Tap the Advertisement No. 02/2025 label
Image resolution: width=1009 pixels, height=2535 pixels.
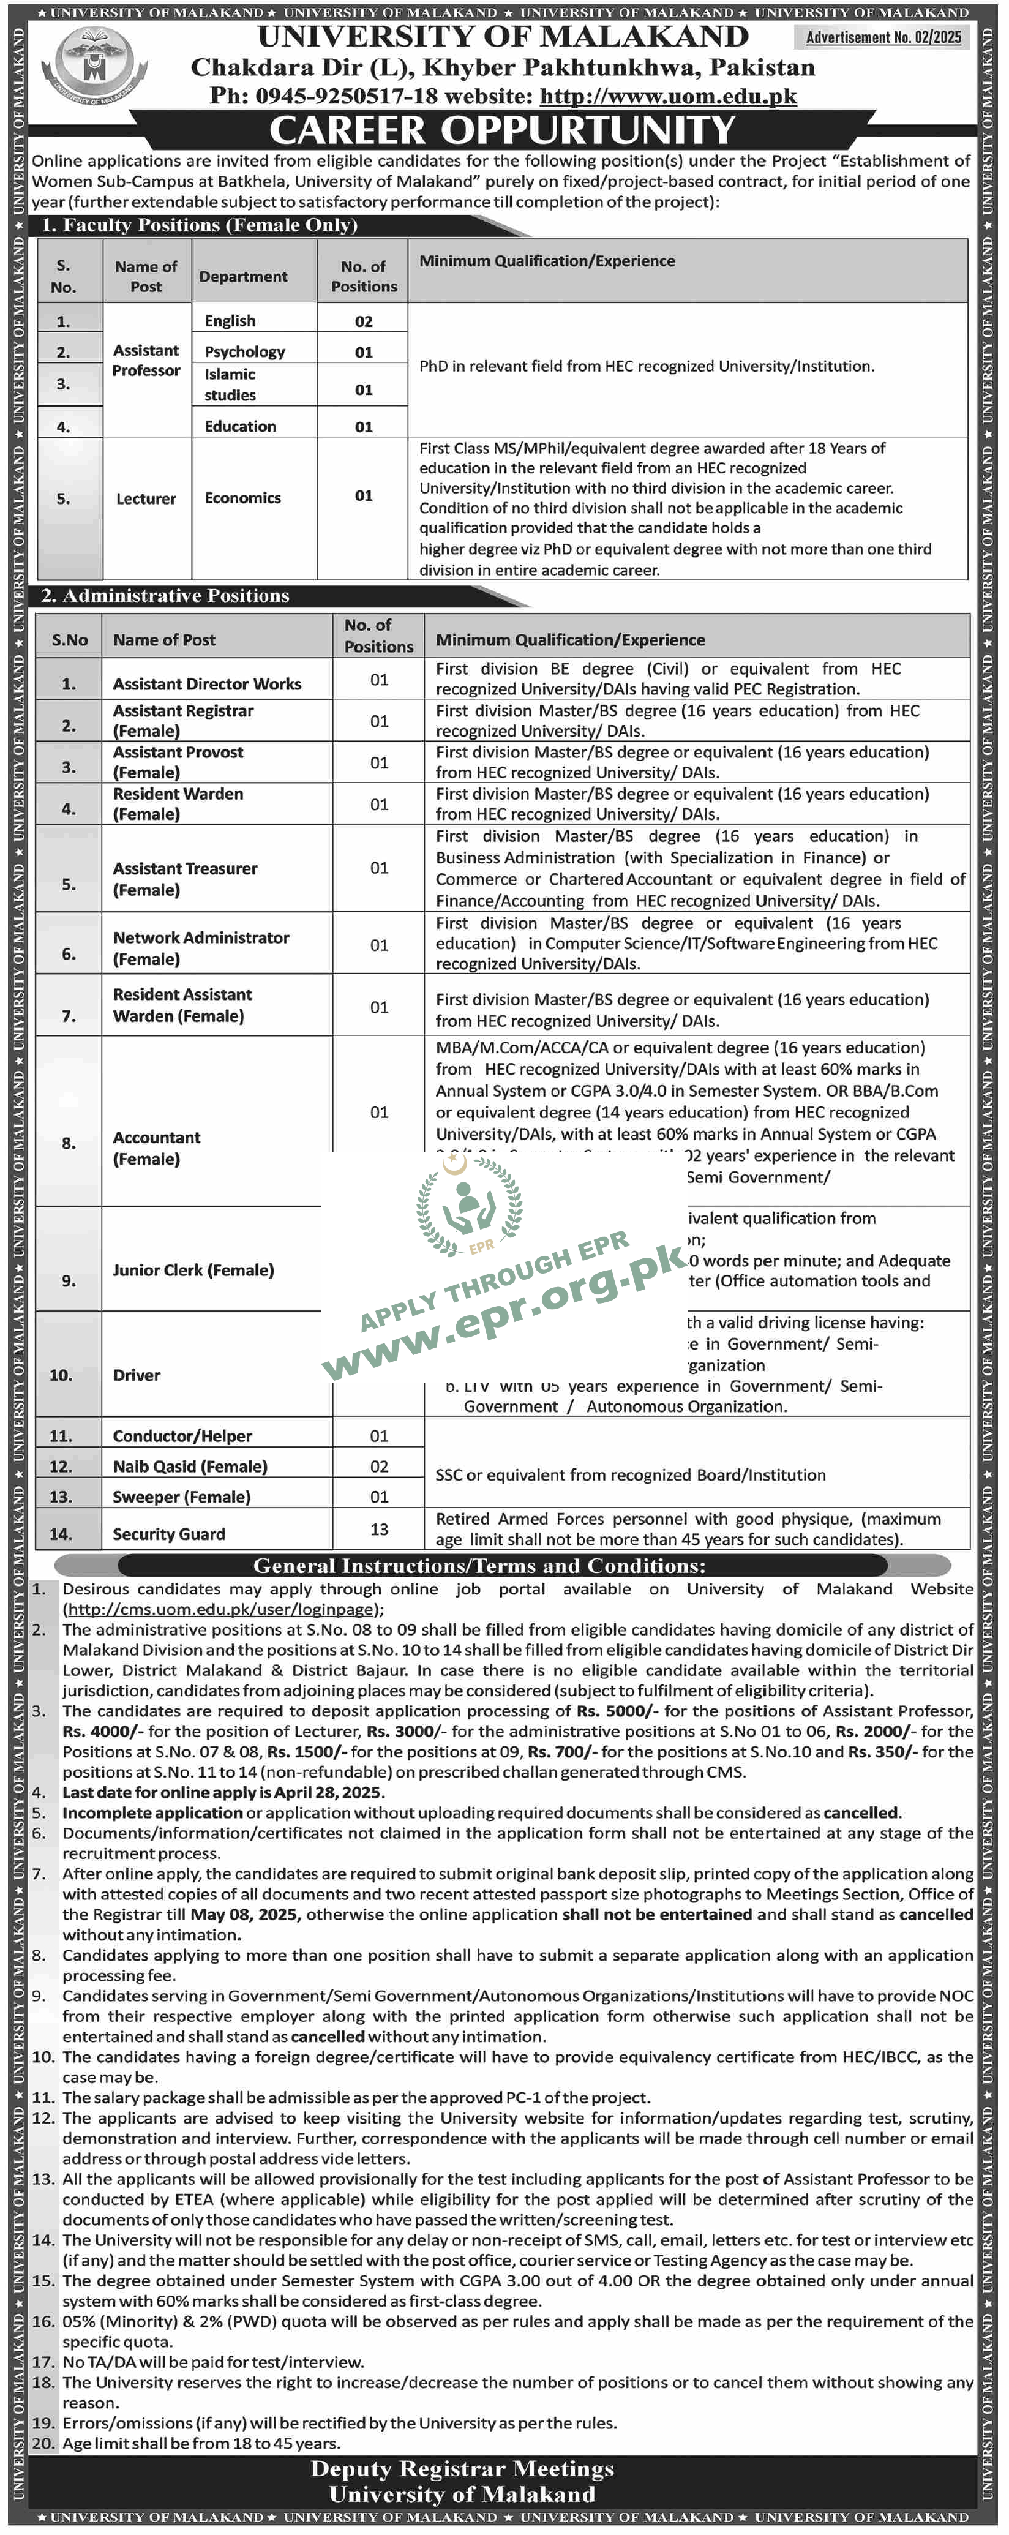pos(883,37)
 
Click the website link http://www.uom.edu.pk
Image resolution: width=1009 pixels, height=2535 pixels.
pos(669,97)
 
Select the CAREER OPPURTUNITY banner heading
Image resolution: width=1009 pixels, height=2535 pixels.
pos(502,130)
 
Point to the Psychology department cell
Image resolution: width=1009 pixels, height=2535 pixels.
pos(244,351)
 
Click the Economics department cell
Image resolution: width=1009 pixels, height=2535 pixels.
pos(242,498)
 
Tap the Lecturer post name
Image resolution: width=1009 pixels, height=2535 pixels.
pos(146,499)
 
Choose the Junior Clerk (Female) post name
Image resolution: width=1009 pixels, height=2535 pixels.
pos(193,1269)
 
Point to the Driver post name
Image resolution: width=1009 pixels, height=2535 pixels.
pos(136,1375)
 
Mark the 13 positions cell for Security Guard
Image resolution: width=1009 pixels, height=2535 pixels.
pos(379,1530)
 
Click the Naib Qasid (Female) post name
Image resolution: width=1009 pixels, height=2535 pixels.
pos(190,1467)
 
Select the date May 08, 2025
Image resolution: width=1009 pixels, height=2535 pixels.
pos(246,1914)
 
